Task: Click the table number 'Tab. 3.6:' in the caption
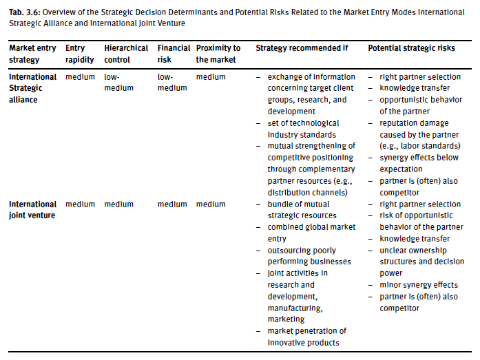click(x=23, y=12)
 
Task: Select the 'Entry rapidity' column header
click(x=75, y=53)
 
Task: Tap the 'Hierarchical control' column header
click(x=126, y=53)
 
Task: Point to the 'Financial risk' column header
click(x=173, y=53)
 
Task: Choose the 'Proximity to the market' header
click(x=218, y=53)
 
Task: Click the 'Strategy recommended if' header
click(x=302, y=48)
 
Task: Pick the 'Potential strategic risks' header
click(x=411, y=48)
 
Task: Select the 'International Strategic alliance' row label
click(x=33, y=88)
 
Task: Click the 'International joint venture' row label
click(x=33, y=210)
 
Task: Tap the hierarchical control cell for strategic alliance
click(x=118, y=83)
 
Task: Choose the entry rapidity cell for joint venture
click(x=80, y=204)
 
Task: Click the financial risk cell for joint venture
click(x=172, y=204)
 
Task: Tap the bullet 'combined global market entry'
click(x=311, y=233)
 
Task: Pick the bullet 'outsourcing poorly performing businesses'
click(x=309, y=256)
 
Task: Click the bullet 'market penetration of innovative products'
click(x=307, y=337)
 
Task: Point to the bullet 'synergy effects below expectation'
click(x=417, y=163)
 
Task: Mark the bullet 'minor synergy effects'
click(x=418, y=285)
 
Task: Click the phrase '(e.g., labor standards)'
click(x=419, y=146)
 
